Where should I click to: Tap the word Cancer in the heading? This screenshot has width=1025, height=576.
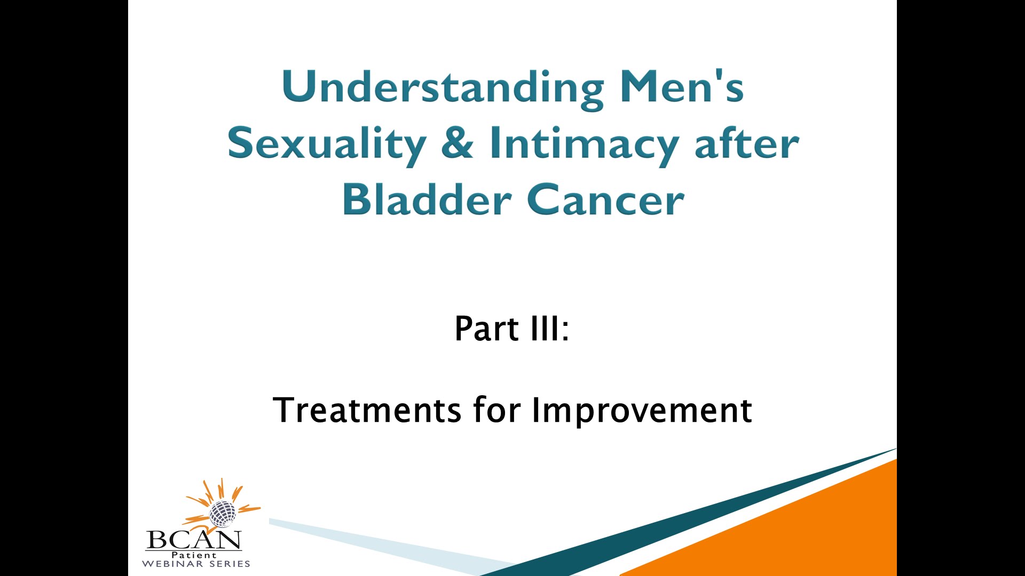(x=605, y=199)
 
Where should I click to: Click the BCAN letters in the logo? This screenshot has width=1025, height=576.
(x=193, y=540)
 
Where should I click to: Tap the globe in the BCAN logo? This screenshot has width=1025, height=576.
(x=222, y=514)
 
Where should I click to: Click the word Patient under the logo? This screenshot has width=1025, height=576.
(x=194, y=555)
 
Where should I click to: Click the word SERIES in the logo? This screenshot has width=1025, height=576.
(x=230, y=564)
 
